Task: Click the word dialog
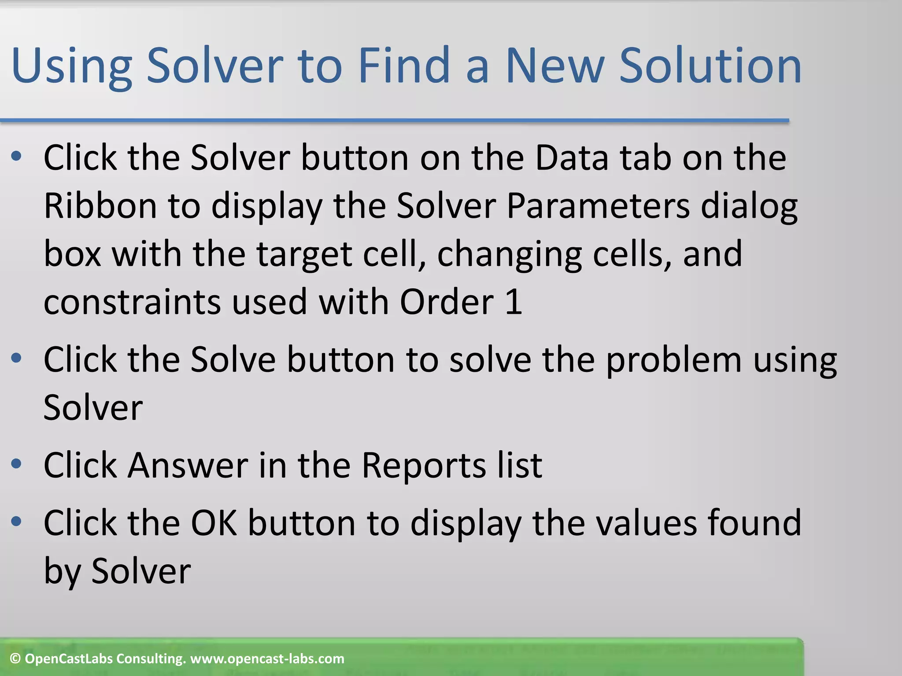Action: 749,207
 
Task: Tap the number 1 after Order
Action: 514,302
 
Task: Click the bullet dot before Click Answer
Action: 16,464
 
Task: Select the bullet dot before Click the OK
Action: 16,522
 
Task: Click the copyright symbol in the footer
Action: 15,659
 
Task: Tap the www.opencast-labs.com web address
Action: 267,659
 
